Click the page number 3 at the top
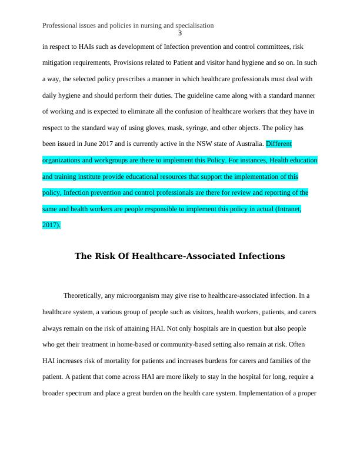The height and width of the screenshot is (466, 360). click(x=180, y=33)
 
